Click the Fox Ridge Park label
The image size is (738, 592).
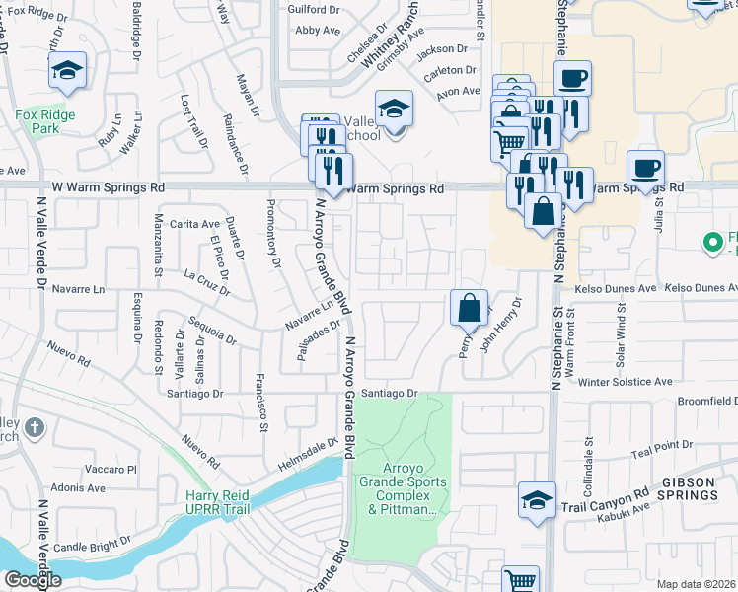(x=38, y=121)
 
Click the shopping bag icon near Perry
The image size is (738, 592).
(x=469, y=307)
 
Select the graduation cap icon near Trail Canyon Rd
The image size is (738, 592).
(x=537, y=499)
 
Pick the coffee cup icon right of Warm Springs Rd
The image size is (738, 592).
(x=645, y=167)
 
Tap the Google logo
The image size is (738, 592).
(x=32, y=580)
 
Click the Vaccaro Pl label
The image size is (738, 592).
(x=110, y=469)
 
